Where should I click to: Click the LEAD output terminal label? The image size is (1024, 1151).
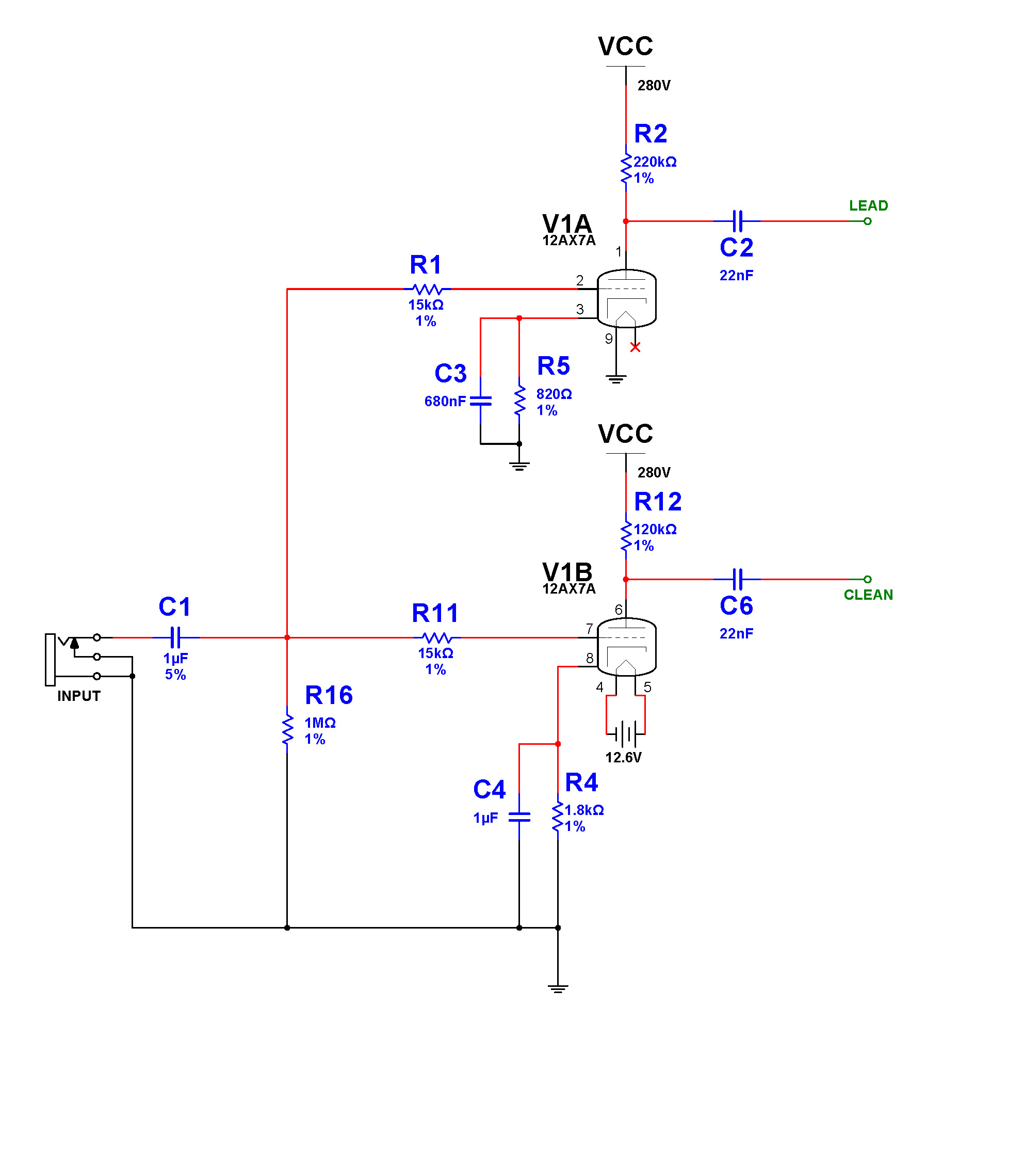coord(868,205)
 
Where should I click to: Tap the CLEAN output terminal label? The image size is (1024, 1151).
coord(868,595)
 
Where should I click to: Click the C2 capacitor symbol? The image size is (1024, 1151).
coord(738,221)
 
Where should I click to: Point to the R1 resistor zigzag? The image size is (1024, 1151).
coord(427,289)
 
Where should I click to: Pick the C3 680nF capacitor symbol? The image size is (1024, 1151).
coord(480,401)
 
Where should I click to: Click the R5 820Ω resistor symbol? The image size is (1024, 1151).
coord(519,401)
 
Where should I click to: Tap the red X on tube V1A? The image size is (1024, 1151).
coord(635,347)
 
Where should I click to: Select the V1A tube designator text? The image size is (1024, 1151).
coord(567,223)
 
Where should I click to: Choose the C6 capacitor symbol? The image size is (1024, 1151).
coord(738,579)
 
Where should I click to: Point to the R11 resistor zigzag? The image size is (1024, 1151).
coord(437,637)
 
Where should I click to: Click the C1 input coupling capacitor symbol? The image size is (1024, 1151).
coord(175,637)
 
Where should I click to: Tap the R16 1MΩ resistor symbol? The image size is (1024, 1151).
coord(287,730)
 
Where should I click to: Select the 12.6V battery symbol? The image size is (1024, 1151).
coord(625,734)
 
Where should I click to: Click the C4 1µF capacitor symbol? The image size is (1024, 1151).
coord(519,817)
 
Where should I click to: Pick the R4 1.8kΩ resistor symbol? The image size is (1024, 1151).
coord(557,817)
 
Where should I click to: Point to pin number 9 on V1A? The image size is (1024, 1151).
coord(609,339)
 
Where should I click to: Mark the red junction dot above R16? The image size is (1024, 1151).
coord(287,637)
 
